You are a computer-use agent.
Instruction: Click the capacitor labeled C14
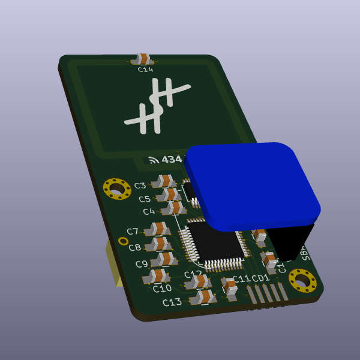(x=143, y=59)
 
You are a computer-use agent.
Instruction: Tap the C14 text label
(x=145, y=70)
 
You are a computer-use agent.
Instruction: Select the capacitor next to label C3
(x=164, y=181)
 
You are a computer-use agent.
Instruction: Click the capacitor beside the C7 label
(x=158, y=229)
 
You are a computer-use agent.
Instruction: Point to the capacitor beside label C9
(x=163, y=259)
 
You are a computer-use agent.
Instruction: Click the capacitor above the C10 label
(x=157, y=276)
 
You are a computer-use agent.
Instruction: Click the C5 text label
(x=145, y=199)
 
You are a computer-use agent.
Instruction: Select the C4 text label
(x=149, y=212)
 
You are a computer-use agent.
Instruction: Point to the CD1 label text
(x=261, y=278)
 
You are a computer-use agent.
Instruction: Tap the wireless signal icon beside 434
(x=154, y=160)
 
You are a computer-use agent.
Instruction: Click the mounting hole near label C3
(x=117, y=190)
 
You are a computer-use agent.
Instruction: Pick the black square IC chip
(x=214, y=243)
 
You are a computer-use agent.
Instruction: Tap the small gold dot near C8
(x=123, y=241)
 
